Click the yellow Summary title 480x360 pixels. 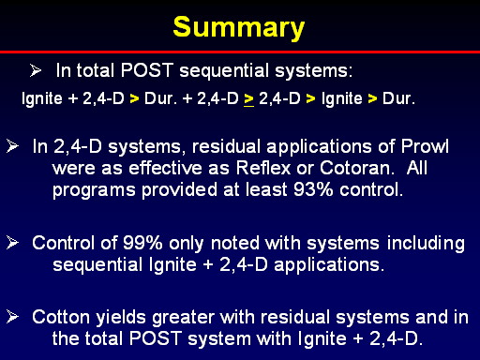239,28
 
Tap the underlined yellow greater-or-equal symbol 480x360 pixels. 248,99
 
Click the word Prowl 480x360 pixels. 425,146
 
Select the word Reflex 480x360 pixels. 263,168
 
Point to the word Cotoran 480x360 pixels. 355,168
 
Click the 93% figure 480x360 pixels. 313,189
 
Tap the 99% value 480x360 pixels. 142,243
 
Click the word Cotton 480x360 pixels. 61,317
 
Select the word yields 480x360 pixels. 121,318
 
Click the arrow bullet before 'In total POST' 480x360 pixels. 36,70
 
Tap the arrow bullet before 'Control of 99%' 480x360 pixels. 12,243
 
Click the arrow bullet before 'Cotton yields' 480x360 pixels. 12,317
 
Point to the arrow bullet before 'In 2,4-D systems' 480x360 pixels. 12,146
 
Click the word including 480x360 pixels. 426,244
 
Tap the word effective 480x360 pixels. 165,168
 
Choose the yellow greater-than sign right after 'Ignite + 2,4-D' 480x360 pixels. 134,99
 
